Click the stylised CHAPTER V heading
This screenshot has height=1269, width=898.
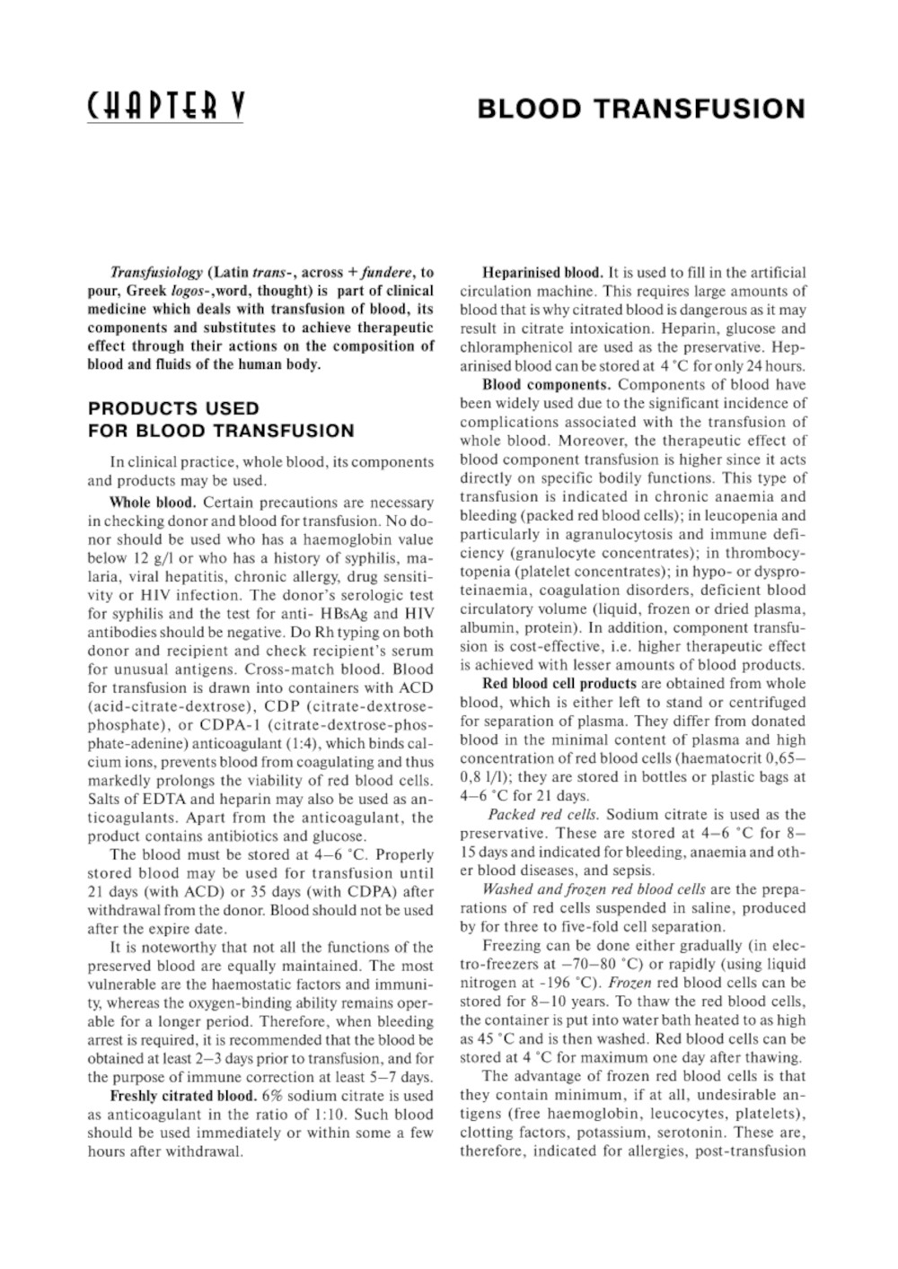165,108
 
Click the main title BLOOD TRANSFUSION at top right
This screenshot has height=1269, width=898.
641,109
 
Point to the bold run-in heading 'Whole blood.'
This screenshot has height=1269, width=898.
152,502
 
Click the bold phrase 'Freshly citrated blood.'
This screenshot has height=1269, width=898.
183,1095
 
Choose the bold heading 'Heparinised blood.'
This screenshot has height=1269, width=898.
542,272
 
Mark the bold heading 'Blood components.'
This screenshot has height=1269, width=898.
547,384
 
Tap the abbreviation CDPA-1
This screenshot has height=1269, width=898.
229,724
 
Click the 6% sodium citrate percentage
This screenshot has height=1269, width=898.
272,1095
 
